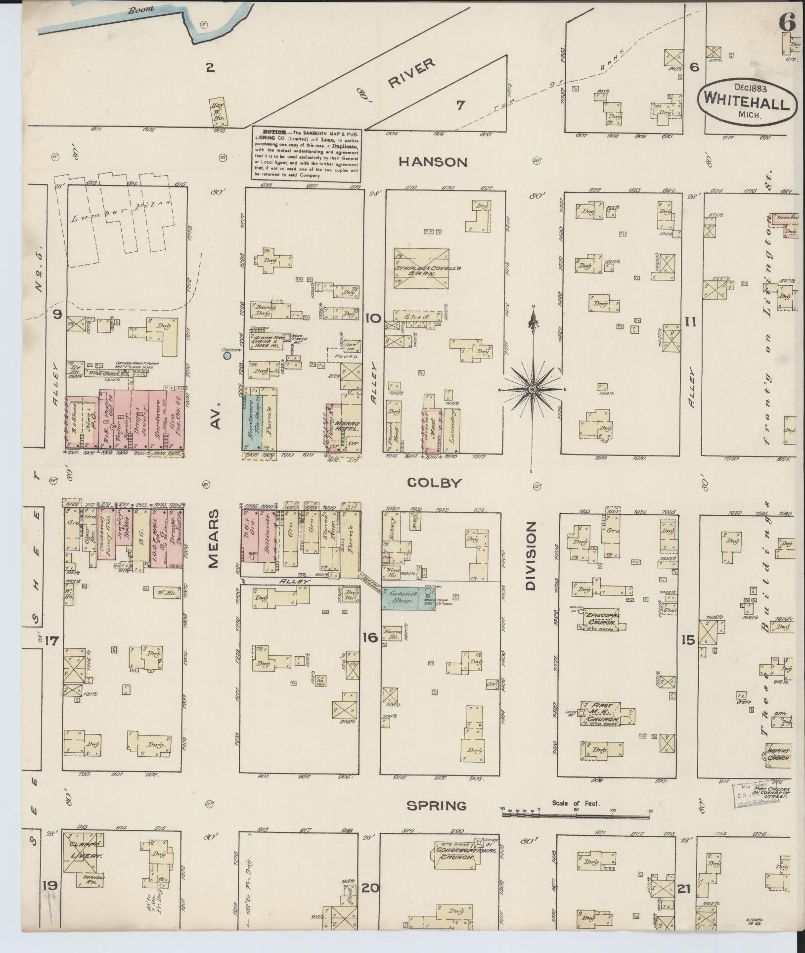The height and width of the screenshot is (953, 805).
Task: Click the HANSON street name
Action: pos(433,162)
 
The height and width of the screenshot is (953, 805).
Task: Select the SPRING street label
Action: pos(436,806)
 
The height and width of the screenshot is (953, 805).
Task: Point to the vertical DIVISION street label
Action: pos(531,556)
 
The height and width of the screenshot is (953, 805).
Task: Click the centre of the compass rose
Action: pos(533,390)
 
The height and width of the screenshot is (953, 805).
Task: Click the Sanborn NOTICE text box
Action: pos(307,155)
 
